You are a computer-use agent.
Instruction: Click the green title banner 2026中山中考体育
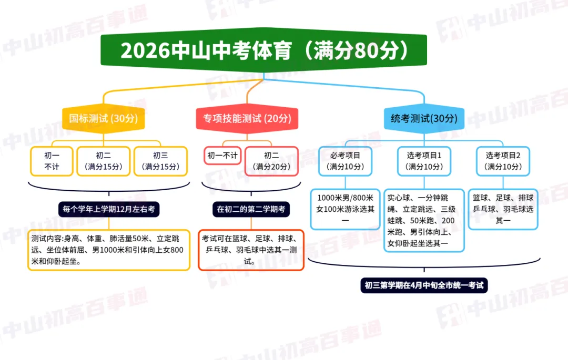tap(263, 50)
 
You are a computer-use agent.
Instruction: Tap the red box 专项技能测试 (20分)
tap(247, 119)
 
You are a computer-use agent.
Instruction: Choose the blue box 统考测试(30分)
tap(424, 119)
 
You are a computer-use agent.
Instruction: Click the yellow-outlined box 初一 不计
tap(52, 161)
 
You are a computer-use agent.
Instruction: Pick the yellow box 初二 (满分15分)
tap(103, 161)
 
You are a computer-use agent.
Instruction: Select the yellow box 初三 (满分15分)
tap(161, 161)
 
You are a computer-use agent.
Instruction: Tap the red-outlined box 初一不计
tap(222, 156)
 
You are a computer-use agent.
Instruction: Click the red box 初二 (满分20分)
tap(271, 161)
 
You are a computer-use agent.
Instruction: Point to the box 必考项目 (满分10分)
tap(345, 161)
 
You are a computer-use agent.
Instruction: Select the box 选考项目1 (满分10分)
tap(424, 161)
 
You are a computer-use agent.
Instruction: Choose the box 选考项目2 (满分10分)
tap(503, 161)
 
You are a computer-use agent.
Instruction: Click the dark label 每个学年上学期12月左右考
tap(109, 209)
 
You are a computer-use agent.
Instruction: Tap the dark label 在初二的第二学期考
tap(251, 209)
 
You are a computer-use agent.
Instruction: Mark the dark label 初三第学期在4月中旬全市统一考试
tap(424, 286)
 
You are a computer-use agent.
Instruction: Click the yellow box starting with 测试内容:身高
tap(109, 250)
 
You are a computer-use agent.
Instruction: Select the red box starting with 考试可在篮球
tap(251, 250)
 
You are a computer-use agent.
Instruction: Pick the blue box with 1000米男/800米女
tap(345, 209)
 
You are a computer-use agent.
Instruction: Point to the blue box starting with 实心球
tap(424, 220)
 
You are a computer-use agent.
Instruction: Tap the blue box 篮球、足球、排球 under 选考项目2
tap(503, 209)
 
